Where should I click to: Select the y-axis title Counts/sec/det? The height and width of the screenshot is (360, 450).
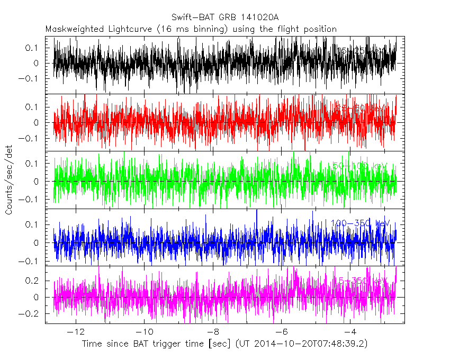click(9, 181)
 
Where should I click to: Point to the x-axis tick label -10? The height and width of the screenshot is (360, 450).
click(144, 332)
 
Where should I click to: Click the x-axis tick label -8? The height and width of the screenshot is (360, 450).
click(213, 332)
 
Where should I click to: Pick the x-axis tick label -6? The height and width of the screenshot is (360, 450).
click(281, 332)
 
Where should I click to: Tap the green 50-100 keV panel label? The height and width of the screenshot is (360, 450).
click(360, 166)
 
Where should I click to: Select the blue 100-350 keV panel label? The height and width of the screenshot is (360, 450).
click(360, 223)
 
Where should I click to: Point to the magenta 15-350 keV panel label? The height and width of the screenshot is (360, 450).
click(360, 280)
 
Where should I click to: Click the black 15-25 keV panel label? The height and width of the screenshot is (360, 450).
click(363, 51)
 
